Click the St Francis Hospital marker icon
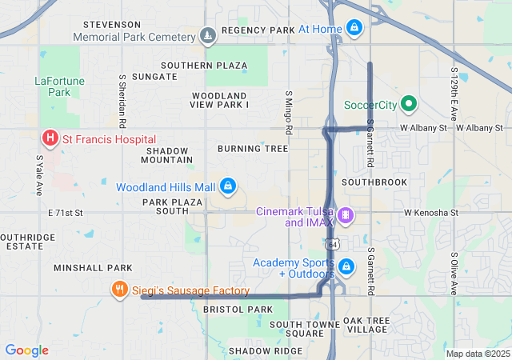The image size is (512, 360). [50, 139]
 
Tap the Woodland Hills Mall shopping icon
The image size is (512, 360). [228, 187]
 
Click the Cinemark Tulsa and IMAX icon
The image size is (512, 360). [345, 214]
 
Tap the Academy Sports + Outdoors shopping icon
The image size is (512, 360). [346, 266]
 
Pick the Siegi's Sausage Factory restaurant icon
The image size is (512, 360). [119, 290]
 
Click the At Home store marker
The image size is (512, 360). [354, 29]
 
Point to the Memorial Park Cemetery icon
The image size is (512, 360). [208, 36]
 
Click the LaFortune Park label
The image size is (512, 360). [54, 86]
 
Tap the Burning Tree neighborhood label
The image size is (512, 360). [252, 149]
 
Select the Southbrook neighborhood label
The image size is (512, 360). [374, 182]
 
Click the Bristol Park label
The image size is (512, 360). [238, 309]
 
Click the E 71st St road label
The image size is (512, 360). [66, 213]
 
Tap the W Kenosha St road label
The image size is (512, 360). [430, 214]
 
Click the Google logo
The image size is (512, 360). [26, 350]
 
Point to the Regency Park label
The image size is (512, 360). [258, 30]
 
